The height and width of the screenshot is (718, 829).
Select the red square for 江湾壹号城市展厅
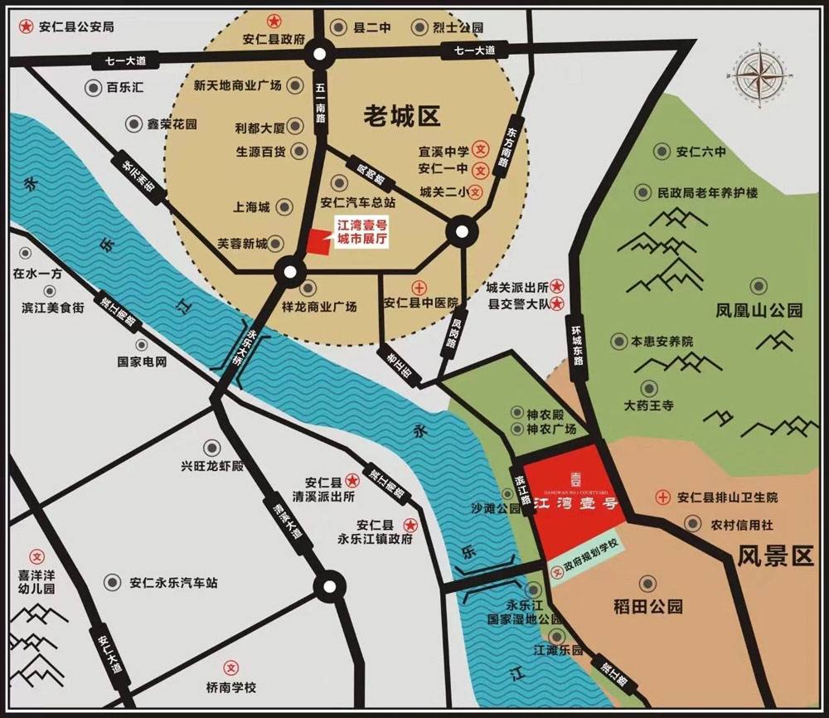318,242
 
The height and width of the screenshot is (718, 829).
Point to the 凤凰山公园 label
759,311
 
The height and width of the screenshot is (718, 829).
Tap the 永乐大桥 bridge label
247,347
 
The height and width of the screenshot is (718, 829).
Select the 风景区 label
775,555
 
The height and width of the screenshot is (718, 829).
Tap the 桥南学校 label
232,688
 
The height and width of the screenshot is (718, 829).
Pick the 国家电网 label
143,362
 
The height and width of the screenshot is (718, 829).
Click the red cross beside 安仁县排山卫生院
662,497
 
